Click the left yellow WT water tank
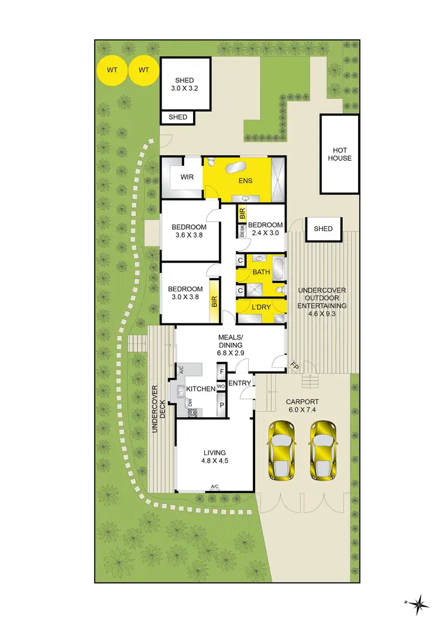pos(112,70)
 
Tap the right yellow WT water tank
pos(144,70)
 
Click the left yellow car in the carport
pos(282,450)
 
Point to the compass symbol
pos(419,604)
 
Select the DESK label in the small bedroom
pos(243,232)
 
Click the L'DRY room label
pos(261,307)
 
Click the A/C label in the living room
pos(215,487)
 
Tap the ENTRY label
pos(240,383)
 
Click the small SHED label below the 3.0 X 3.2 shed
pos(178,117)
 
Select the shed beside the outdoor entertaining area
pos(323,229)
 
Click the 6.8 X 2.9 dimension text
pos(231,353)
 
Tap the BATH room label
pos(261,273)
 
